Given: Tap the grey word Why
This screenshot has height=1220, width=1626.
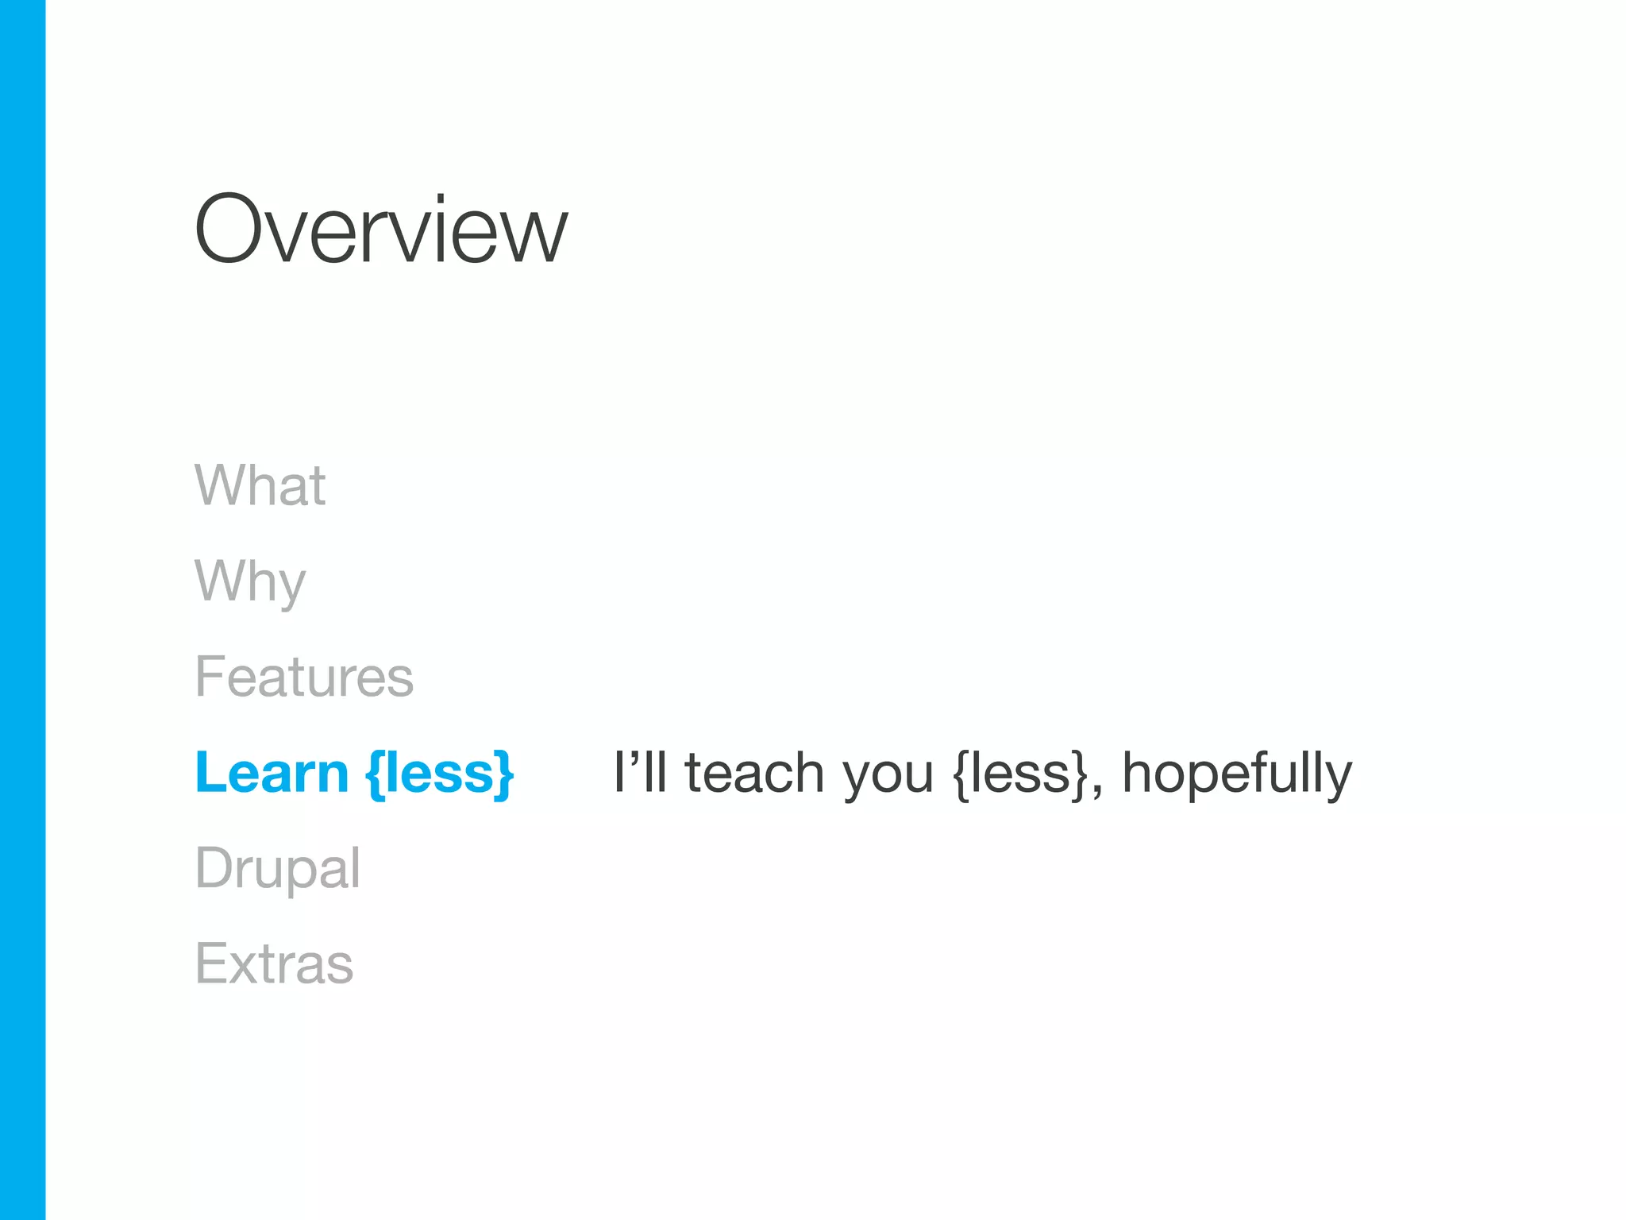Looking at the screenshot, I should click(x=250, y=581).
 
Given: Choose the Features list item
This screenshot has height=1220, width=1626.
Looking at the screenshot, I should click(x=304, y=677).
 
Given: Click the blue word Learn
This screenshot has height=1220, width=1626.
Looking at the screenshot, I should click(x=272, y=772).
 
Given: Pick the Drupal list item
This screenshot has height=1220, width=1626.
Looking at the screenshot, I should click(x=277, y=868).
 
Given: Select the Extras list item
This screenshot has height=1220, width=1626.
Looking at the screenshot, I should click(x=274, y=963).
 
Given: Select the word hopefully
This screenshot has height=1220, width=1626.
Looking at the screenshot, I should click(x=1236, y=774).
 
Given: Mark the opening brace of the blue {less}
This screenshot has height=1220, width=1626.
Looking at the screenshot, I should click(x=376, y=774).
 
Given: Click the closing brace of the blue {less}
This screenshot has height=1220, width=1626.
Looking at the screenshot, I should click(x=503, y=774).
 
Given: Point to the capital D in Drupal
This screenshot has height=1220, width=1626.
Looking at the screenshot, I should click(x=214, y=867).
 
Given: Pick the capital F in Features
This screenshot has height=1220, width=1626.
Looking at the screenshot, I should click(x=208, y=677).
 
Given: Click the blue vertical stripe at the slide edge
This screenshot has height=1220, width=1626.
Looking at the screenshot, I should click(x=22, y=610).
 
